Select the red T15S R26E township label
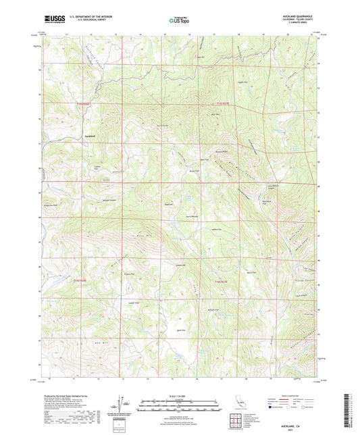pyautogui.click(x=80, y=103)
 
